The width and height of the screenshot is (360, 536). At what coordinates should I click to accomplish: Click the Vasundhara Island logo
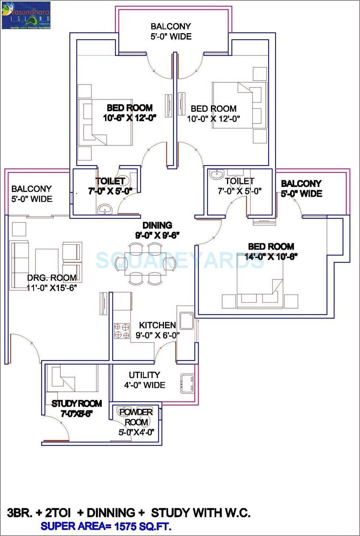[x=26, y=15]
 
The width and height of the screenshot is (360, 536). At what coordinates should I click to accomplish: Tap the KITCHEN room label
[x=157, y=325]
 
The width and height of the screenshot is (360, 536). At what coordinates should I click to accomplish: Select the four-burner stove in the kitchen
[x=122, y=331]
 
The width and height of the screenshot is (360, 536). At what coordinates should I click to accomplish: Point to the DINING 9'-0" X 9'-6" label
[x=157, y=230]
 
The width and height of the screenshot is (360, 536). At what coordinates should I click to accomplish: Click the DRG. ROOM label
[x=52, y=278]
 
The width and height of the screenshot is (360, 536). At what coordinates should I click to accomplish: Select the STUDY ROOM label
[x=77, y=404]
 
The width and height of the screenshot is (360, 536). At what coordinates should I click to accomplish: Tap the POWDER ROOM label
[x=136, y=417]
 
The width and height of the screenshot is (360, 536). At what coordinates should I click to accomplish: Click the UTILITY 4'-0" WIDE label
[x=144, y=380]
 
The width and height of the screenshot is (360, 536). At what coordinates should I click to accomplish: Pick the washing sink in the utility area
[x=187, y=383]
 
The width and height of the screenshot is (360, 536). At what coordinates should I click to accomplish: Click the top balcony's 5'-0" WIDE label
[x=171, y=36]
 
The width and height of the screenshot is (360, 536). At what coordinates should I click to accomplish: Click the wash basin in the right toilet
[x=216, y=174]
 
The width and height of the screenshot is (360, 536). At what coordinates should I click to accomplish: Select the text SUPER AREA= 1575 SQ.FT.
[x=106, y=526]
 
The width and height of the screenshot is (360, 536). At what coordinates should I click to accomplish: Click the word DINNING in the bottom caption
[x=111, y=513]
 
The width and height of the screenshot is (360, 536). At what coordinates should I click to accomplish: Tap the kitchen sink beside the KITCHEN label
[x=186, y=321]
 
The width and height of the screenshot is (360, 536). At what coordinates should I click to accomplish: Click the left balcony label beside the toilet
[x=32, y=194]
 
